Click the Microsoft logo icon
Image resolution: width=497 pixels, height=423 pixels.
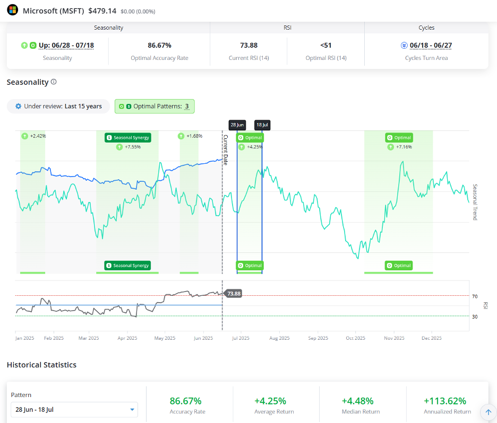tap(12, 10)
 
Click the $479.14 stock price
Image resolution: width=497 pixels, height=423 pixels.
tap(102, 11)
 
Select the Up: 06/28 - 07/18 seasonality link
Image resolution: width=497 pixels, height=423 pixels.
tap(66, 45)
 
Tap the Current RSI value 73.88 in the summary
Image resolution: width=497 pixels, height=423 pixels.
tap(249, 45)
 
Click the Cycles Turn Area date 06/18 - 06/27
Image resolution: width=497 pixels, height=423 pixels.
tap(431, 45)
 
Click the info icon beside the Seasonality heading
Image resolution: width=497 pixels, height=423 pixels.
tap(54, 82)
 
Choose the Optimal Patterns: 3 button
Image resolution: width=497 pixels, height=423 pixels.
tap(155, 107)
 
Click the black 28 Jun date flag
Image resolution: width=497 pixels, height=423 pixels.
tap(237, 125)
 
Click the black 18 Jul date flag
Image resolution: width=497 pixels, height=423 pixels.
tap(262, 125)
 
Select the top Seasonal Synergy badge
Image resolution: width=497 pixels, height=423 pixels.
tap(128, 138)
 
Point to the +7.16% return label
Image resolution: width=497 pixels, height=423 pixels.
tap(404, 147)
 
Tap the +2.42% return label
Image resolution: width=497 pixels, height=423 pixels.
tap(38, 136)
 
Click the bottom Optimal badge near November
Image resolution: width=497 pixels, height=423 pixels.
tap(399, 266)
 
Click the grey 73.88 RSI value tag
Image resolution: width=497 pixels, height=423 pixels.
tap(234, 294)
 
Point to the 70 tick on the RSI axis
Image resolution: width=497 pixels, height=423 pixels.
tap(475, 296)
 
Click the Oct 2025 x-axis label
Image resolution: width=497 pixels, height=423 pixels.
tap(355, 338)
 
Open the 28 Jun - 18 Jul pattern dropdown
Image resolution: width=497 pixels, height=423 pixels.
tap(74, 409)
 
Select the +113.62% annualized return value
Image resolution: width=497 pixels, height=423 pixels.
tap(445, 401)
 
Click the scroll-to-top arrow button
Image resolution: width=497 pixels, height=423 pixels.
tap(488, 412)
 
